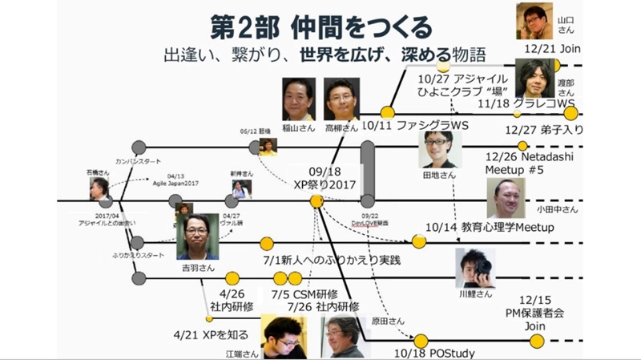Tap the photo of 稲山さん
coord(298,99)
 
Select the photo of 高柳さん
coord(341,99)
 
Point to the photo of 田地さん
coord(441,148)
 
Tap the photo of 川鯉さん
coord(475,267)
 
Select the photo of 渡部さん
coord(536,79)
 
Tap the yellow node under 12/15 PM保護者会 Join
coord(538,341)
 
